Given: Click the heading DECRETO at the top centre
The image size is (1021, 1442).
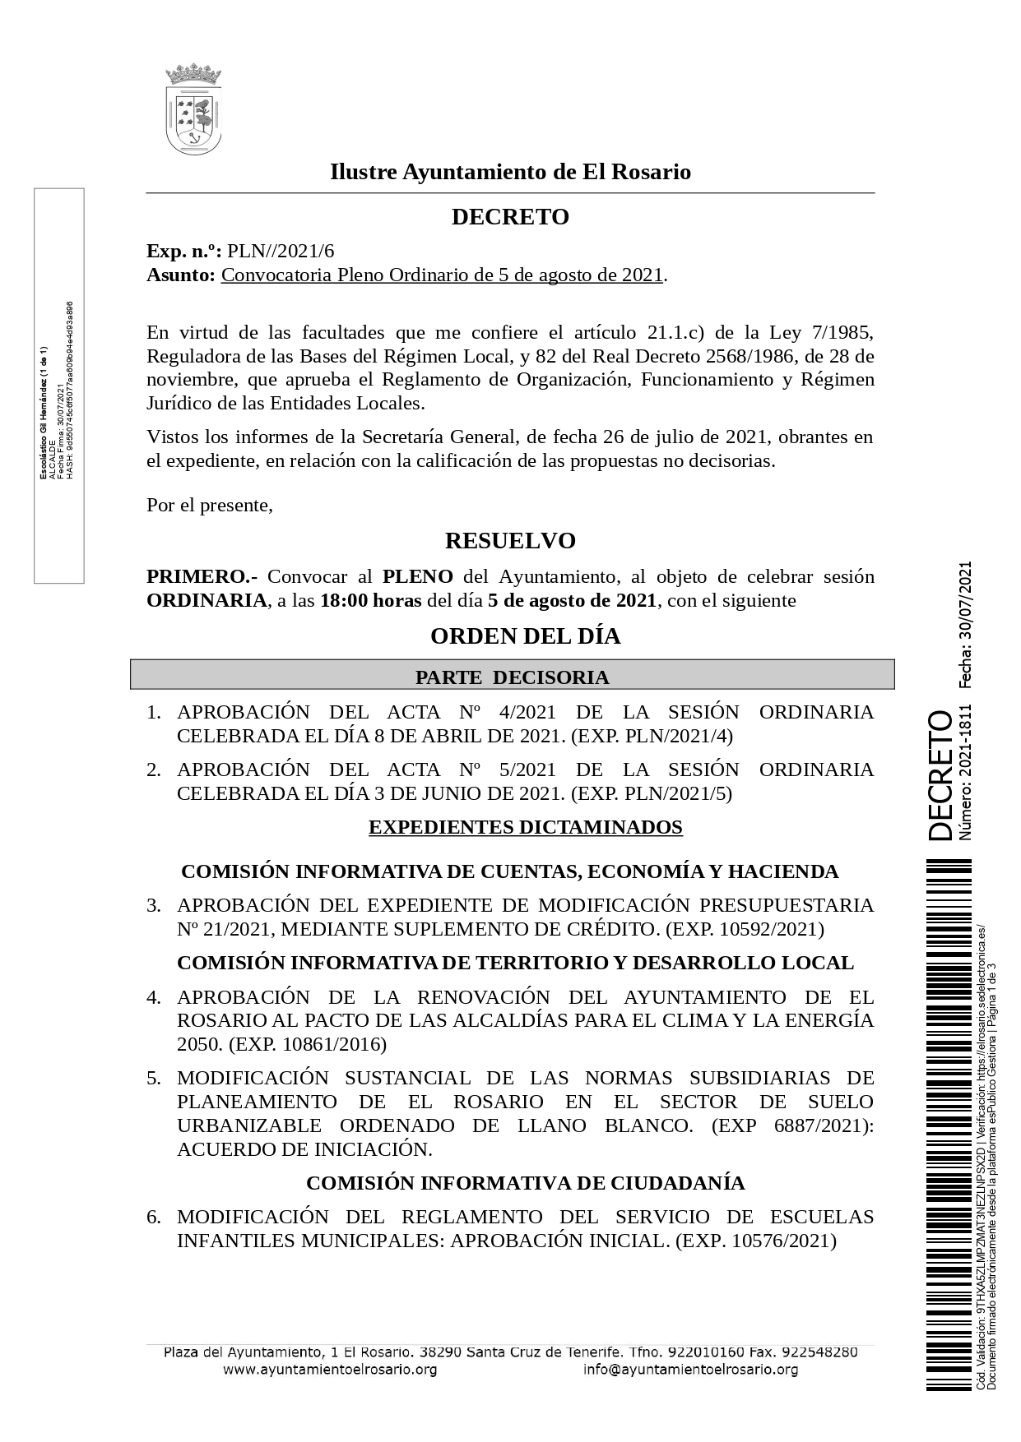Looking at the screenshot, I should coord(510,217).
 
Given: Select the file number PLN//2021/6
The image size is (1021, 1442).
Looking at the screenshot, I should coord(281,252).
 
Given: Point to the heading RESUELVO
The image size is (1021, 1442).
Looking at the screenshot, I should coord(510,541).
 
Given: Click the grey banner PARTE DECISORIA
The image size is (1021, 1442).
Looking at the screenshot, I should coord(512,677).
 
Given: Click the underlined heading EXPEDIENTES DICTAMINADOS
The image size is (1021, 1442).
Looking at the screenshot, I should coord(525,827).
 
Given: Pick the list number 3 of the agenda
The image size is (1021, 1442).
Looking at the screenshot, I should coord(154,905).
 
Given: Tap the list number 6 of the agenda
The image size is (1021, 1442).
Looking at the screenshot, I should coord(154,1217).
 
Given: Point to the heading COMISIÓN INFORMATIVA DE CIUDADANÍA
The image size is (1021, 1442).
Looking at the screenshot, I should coord(525,1183).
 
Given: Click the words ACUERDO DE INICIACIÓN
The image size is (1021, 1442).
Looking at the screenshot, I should coord(304,1149).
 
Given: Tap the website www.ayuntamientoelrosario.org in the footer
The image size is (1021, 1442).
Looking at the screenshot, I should coord(330,1370).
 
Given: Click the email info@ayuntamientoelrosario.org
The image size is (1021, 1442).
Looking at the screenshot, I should coord(690,1370).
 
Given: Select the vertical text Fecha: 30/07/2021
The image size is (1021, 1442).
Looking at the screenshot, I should coord(965,624).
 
